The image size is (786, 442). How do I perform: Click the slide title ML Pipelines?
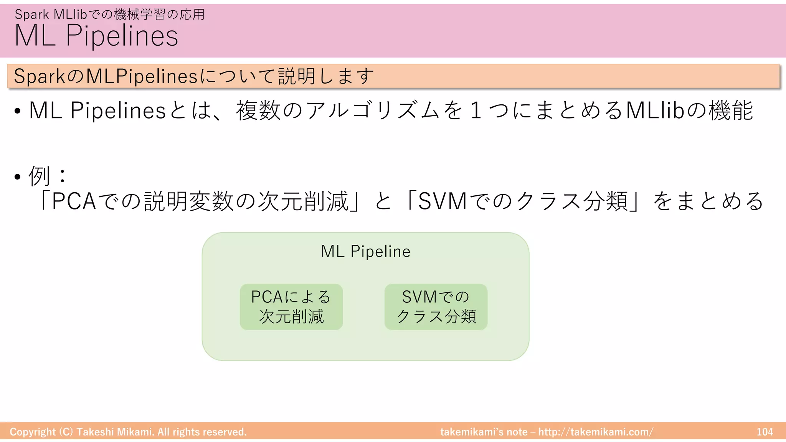96,36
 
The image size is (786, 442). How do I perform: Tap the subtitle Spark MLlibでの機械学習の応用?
110,15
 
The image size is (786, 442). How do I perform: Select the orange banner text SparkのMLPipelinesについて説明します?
194,76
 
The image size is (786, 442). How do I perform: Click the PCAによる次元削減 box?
291,307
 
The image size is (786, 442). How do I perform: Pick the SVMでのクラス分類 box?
436,307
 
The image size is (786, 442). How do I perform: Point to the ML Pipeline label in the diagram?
365,252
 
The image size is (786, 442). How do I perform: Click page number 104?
765,432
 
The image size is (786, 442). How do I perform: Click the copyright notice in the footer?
128,432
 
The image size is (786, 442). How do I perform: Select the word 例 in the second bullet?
40,176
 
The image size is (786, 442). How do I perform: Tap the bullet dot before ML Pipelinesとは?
17,112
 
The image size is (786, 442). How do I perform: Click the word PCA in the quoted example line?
74,201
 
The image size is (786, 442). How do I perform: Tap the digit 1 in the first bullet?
476,110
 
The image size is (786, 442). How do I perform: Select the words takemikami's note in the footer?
484,432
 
